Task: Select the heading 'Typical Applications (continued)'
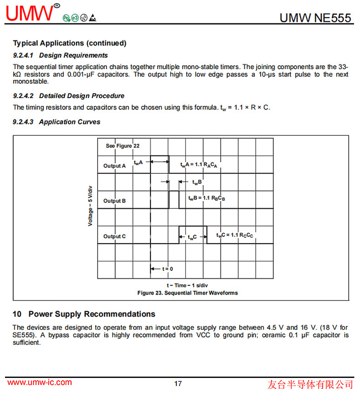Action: [69, 43]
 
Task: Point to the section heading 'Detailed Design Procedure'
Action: [82, 96]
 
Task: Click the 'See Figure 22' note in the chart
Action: [123, 146]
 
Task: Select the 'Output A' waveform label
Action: [114, 166]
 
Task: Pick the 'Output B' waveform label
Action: [114, 201]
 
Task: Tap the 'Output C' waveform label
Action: [114, 236]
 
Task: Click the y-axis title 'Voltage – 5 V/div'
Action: [90, 206]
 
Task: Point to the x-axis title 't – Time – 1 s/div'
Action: [187, 285]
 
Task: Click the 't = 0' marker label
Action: [167, 269]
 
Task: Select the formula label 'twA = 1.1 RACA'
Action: [199, 165]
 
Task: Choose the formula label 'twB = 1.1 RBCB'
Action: [207, 198]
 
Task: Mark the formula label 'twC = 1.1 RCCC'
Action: [235, 235]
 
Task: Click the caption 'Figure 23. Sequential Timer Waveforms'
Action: [187, 293]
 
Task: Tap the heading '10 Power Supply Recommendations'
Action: [84, 314]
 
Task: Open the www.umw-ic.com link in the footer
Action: [40, 383]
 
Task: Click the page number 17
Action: [178, 383]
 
